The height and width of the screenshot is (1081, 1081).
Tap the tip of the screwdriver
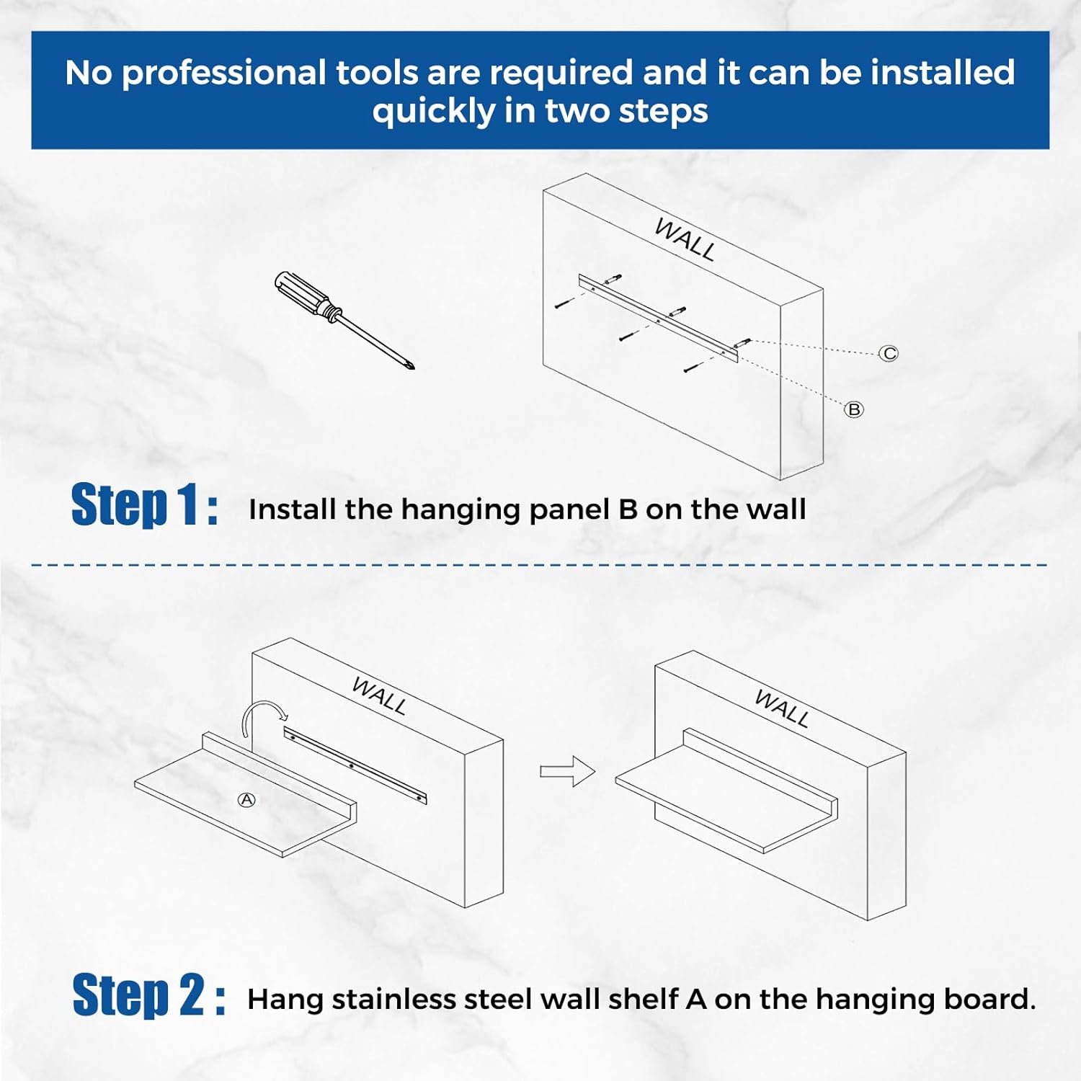coord(414,370)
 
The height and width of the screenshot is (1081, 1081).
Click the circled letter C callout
coord(889,353)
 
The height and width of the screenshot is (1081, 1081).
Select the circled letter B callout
coord(854,409)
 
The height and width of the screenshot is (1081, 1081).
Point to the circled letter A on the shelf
coord(246,800)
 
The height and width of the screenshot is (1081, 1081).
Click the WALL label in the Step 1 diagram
coord(685,239)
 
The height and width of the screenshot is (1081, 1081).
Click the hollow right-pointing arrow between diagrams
coord(568,771)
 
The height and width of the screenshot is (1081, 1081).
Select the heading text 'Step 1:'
coord(145,505)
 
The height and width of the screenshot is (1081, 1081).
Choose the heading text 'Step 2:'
coord(149,995)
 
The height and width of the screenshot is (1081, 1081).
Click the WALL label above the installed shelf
coord(782,708)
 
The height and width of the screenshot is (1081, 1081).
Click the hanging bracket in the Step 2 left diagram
coord(355,765)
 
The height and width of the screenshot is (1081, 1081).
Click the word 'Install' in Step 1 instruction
coord(292,510)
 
